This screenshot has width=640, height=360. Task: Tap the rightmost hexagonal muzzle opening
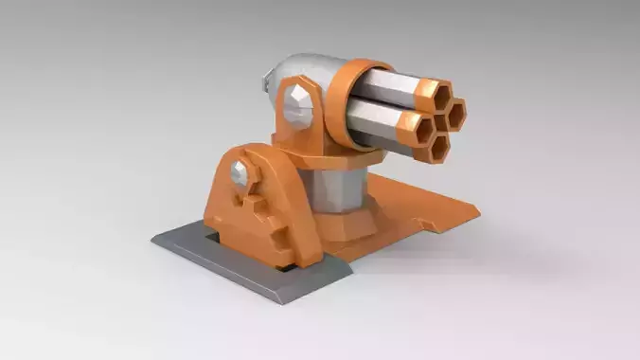454,115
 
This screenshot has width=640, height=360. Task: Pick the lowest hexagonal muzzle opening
438,146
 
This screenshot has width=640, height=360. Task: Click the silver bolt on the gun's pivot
298,104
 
